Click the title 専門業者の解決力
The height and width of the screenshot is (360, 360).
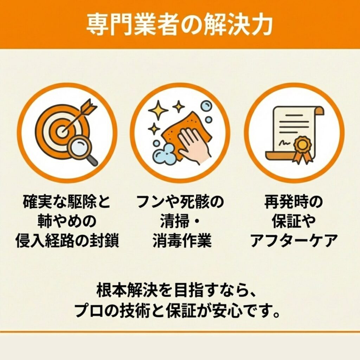(180, 25)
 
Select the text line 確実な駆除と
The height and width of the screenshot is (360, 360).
(66, 202)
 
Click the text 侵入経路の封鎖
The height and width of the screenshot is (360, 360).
(67, 240)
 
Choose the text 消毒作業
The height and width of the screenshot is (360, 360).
(182, 240)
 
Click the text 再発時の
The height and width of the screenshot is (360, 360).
(294, 202)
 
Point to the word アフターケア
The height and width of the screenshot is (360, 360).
(294, 240)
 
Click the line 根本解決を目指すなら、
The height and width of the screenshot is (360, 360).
(176, 290)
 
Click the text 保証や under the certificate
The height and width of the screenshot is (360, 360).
(294, 221)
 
